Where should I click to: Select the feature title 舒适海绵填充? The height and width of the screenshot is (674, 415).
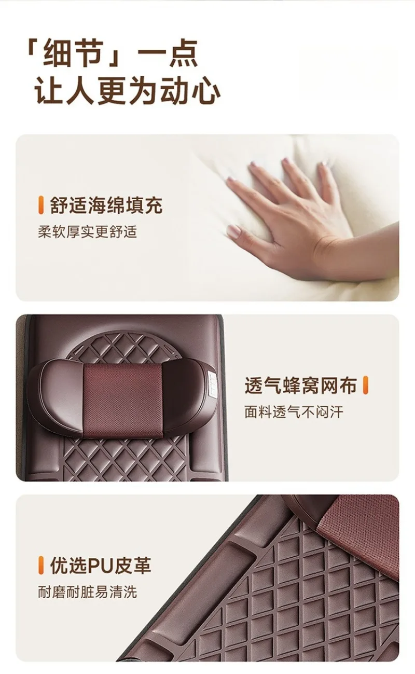point(106,205)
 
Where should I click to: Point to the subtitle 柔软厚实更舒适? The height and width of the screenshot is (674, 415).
point(87,231)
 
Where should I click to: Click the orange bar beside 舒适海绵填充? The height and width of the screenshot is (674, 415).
point(41,205)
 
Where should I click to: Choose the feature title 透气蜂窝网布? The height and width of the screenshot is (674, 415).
point(300,386)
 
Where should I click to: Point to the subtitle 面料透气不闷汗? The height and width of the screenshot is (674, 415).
point(294,412)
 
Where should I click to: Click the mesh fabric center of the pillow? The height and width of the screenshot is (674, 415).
point(122,397)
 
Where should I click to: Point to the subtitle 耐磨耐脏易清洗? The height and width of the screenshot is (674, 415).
point(87,592)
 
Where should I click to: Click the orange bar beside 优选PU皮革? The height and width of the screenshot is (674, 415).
point(41,566)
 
